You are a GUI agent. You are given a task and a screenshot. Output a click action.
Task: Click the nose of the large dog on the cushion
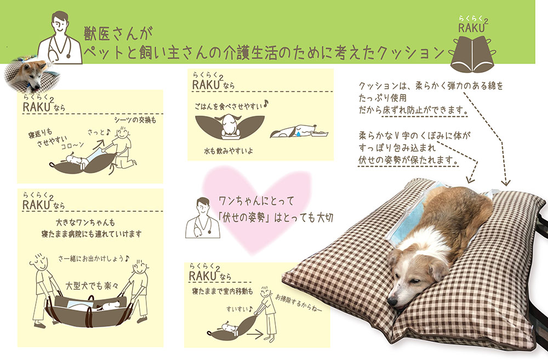pyautogui.click(x=392, y=301)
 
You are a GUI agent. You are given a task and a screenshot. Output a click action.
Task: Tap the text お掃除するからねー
pyautogui.click(x=299, y=304)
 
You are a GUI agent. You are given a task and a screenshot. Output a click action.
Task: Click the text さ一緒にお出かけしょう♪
pyautogui.click(x=94, y=258)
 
